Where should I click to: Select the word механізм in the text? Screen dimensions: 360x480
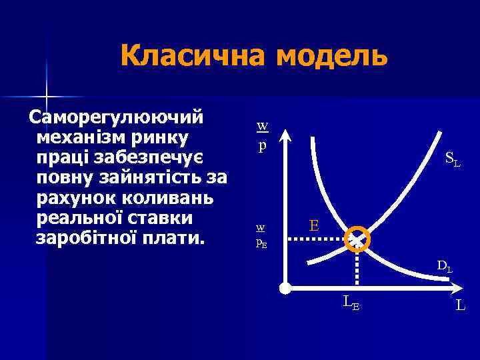point(82,138)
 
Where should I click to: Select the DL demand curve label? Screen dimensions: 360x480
point(445,267)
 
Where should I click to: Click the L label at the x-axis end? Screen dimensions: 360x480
point(460,306)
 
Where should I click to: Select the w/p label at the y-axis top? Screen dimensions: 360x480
point(262,136)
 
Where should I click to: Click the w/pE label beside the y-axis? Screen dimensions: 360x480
point(262,235)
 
